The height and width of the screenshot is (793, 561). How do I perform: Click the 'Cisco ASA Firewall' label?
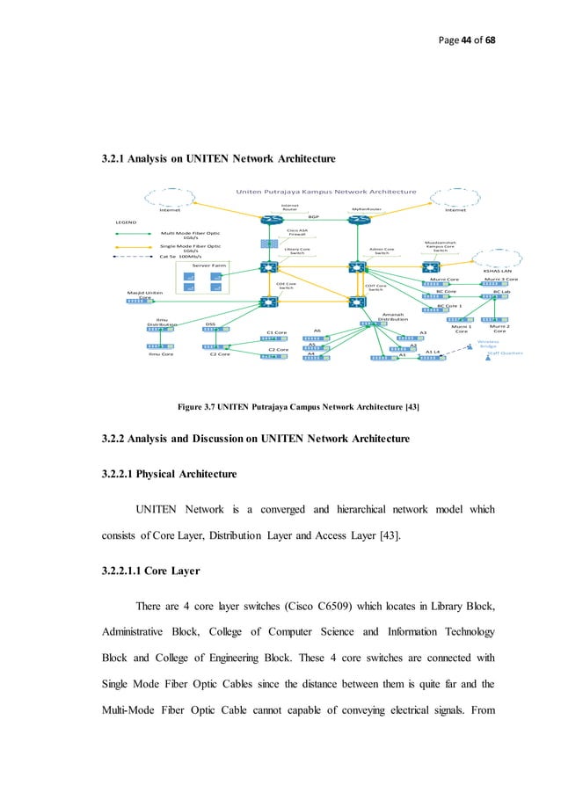295,233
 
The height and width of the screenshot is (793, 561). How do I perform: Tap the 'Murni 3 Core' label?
500,279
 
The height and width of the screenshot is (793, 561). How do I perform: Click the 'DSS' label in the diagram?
210,324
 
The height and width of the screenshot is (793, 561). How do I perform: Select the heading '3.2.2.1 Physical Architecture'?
170,474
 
